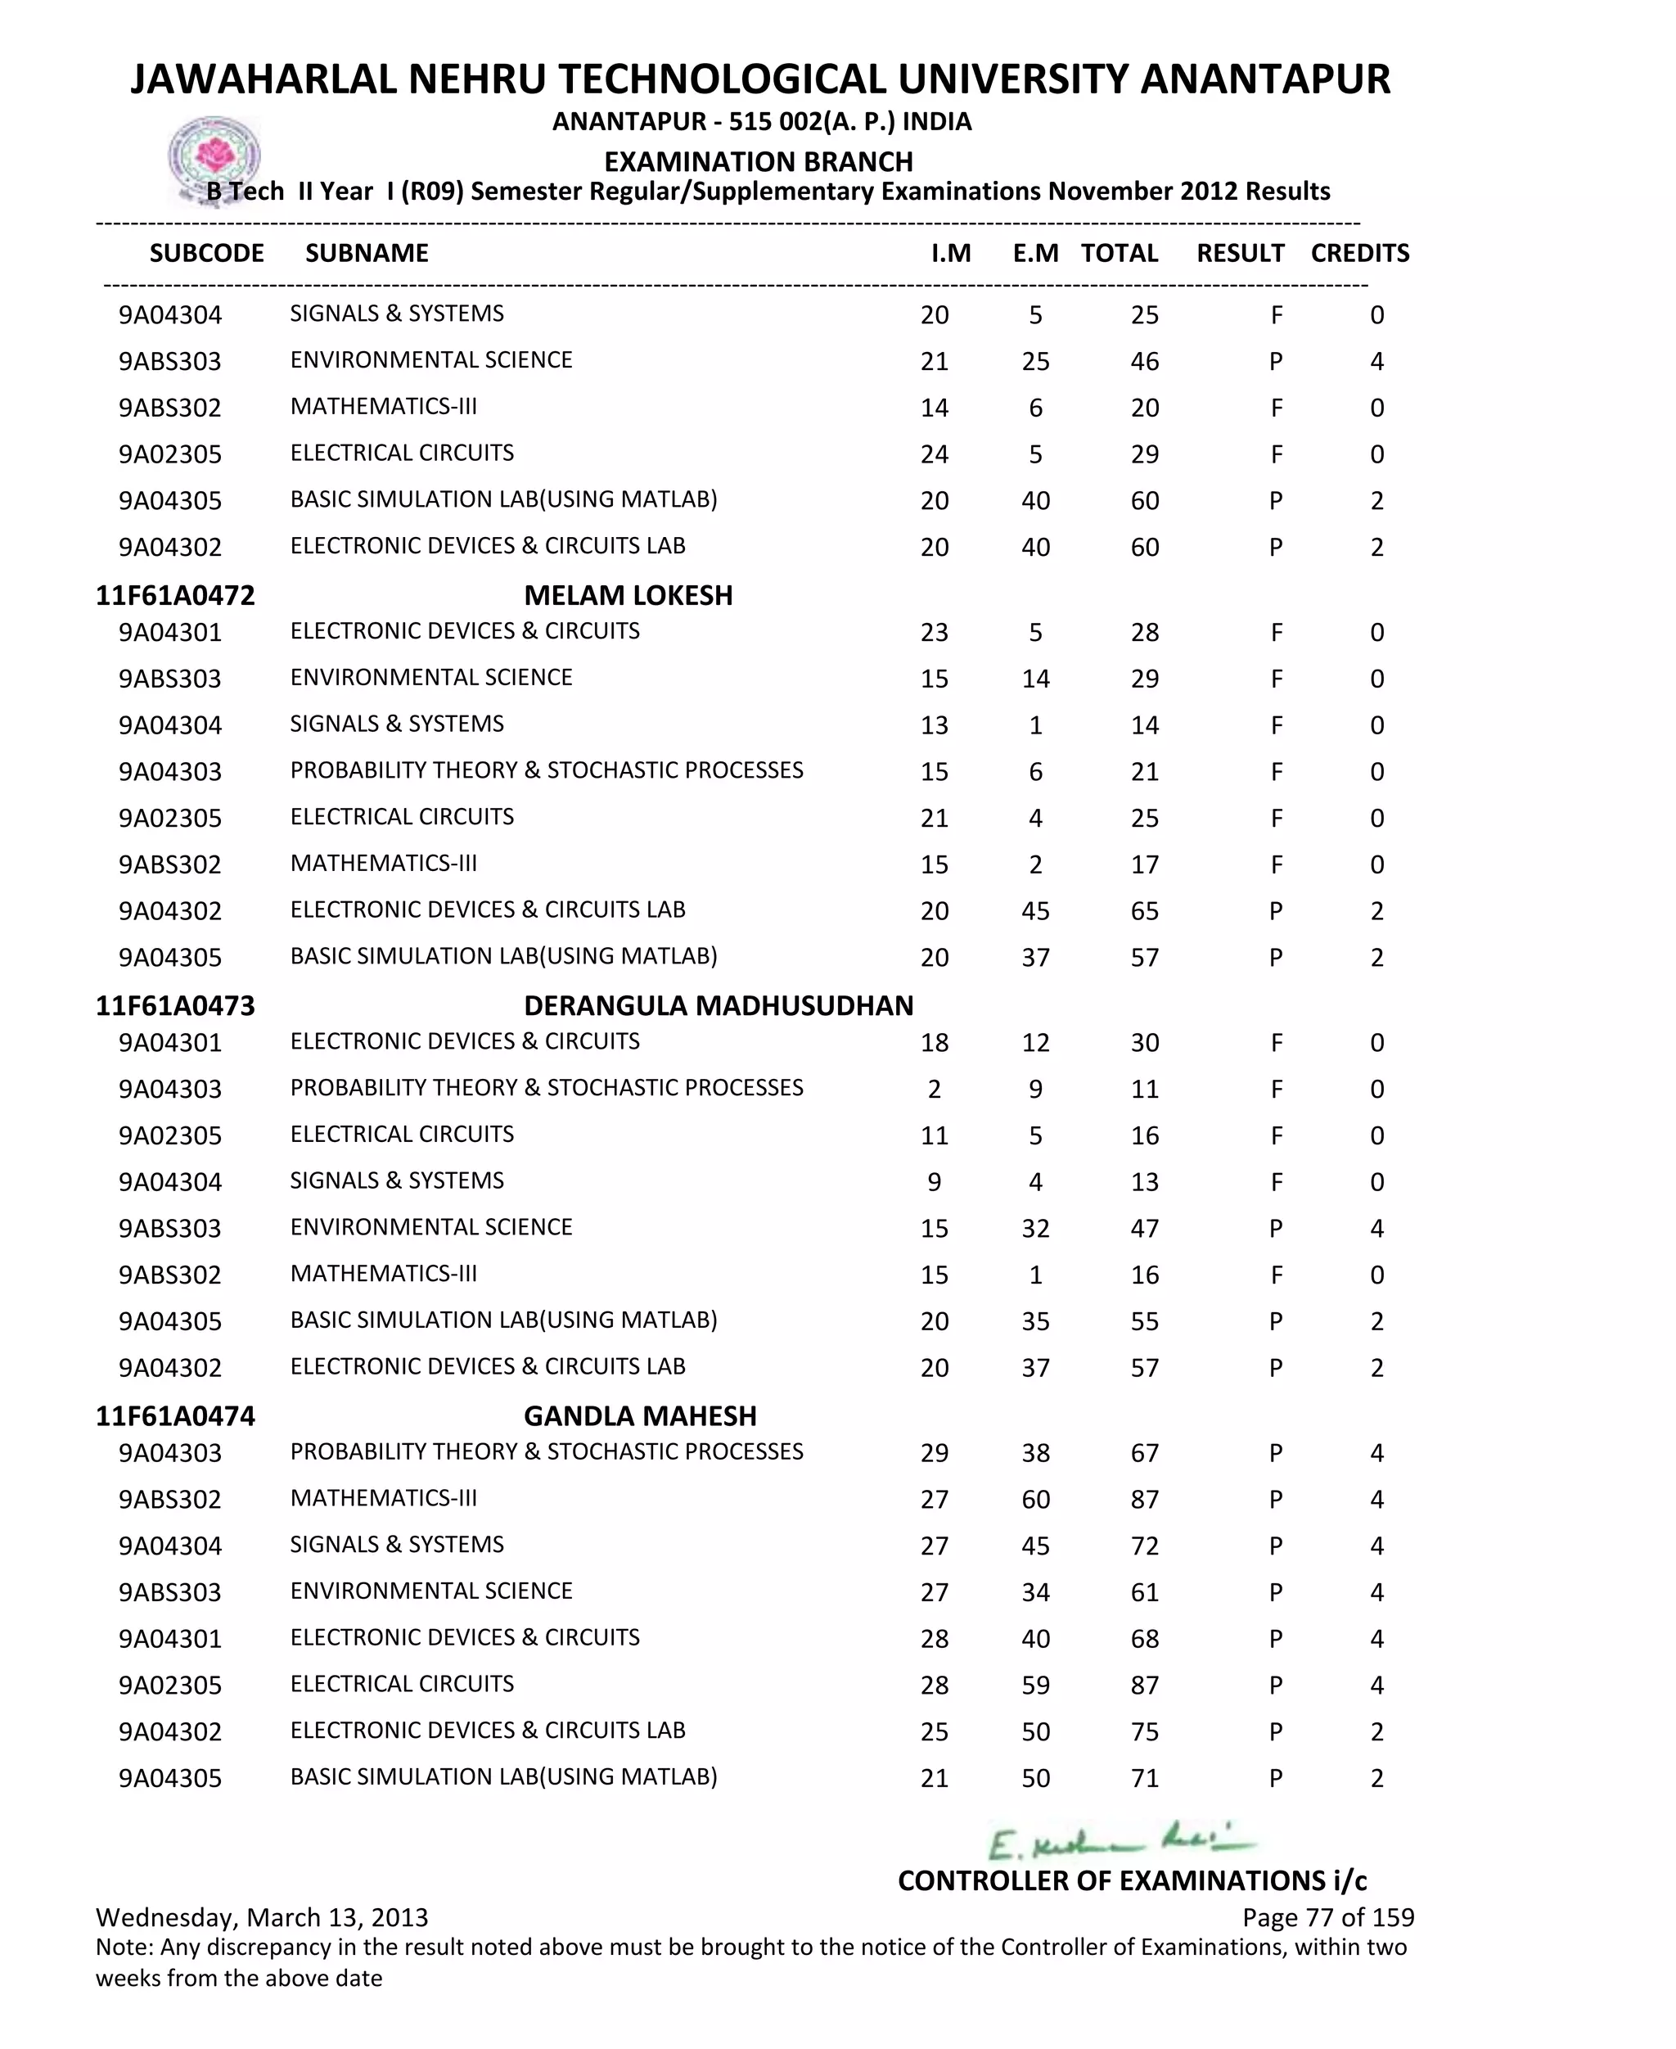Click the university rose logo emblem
214,156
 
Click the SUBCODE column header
206,253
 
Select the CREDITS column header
1359,253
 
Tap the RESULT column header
1240,253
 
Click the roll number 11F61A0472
175,595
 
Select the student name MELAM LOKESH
628,595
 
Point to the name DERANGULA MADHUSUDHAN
718,1005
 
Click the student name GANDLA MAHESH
639,1415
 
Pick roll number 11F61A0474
175,1415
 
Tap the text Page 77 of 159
1327,1916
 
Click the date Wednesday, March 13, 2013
262,1916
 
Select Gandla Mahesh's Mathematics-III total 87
1144,1500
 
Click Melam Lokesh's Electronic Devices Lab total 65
1144,911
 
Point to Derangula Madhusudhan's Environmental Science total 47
1144,1228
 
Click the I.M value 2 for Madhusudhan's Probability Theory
934,1090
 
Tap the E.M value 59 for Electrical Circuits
1035,1685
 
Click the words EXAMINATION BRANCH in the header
758,161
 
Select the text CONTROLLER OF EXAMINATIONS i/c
1132,1880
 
